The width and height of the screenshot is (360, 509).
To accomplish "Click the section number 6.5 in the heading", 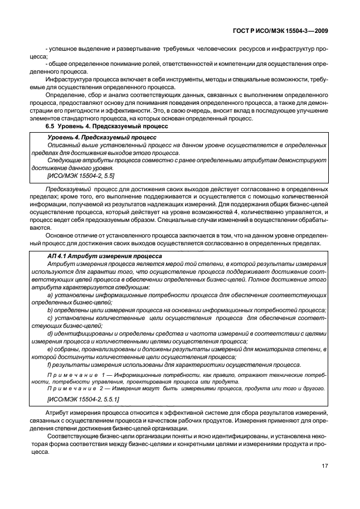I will click(x=52, y=127).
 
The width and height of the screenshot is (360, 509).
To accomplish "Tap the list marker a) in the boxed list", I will click(x=50, y=294).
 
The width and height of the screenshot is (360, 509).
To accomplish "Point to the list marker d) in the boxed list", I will click(x=50, y=333).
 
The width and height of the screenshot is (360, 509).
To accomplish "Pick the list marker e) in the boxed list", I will click(x=50, y=349).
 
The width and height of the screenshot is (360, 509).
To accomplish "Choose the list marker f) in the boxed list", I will click(x=50, y=365).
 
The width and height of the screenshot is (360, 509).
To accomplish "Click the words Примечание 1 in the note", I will click(x=73, y=376).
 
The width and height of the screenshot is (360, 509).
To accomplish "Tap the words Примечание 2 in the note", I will click(x=73, y=388).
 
